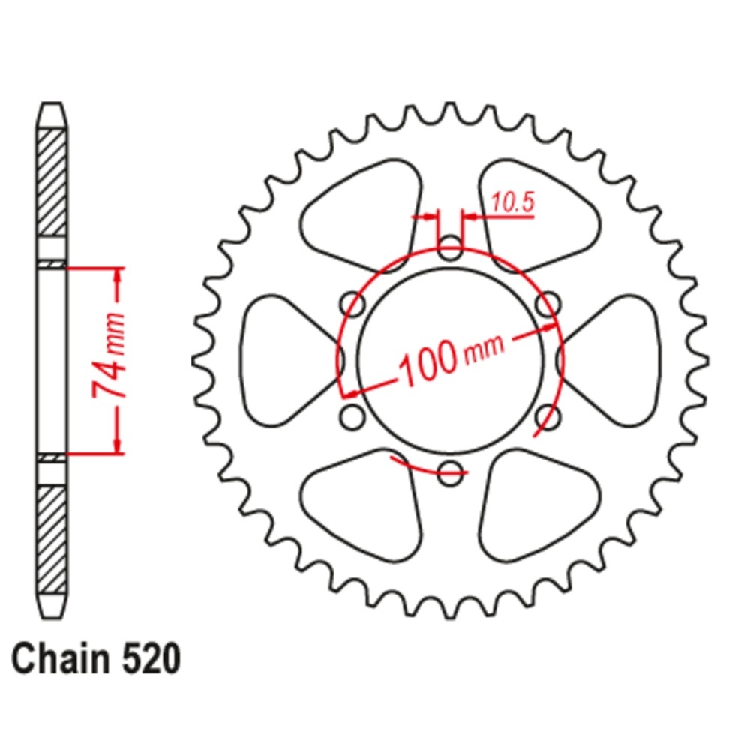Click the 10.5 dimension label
point(512,202)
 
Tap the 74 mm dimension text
point(109,355)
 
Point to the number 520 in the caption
point(151,660)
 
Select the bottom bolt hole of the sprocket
point(450,473)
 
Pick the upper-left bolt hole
point(352,304)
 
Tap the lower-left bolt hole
point(352,416)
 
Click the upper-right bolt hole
point(548,304)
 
